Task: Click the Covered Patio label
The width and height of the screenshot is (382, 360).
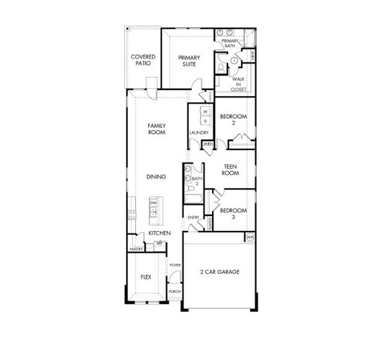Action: click(x=143, y=60)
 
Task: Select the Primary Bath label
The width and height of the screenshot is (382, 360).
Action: click(x=230, y=43)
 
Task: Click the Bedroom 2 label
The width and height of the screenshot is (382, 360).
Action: click(x=233, y=119)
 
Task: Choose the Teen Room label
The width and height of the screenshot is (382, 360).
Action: click(x=231, y=170)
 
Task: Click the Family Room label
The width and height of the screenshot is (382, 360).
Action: click(x=157, y=129)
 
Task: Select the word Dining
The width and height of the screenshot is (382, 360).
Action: click(x=156, y=177)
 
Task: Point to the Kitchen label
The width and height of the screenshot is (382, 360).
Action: click(x=160, y=233)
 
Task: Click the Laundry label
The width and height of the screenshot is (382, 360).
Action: click(x=198, y=133)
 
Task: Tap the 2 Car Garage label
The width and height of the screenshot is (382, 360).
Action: click(x=219, y=272)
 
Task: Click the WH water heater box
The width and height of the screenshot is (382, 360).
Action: click(x=249, y=238)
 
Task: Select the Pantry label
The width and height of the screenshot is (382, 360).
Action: click(x=135, y=248)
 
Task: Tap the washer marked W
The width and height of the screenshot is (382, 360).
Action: click(x=205, y=112)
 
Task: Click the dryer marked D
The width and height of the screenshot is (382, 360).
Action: click(x=205, y=121)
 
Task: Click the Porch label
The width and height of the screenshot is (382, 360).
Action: click(x=175, y=291)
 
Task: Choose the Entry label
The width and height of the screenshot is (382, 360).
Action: click(x=193, y=217)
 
